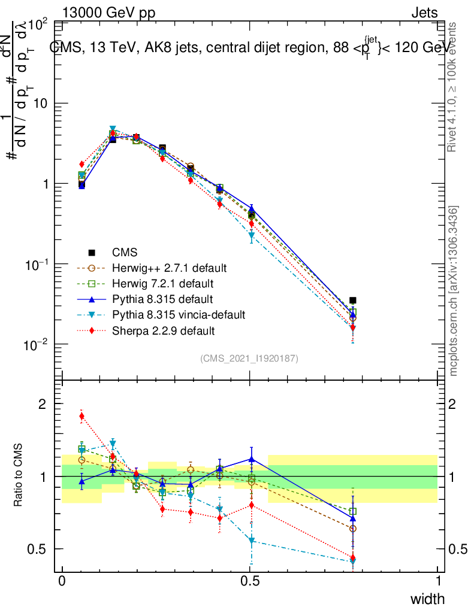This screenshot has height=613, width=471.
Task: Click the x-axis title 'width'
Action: pos(427,599)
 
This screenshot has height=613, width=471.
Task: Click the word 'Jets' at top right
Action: pos(424,13)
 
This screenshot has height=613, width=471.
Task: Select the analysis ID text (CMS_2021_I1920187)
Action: pos(249,358)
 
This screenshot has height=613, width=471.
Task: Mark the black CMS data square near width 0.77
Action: pos(353,301)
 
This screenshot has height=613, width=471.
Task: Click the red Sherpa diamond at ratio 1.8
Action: pos(81,417)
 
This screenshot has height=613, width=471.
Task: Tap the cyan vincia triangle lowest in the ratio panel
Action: pos(352,562)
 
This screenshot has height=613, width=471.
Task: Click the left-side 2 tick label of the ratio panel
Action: pos(41,404)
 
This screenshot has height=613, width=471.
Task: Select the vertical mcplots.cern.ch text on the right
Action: pos(454,291)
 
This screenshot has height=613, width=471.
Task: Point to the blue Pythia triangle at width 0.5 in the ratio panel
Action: pos(252,459)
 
